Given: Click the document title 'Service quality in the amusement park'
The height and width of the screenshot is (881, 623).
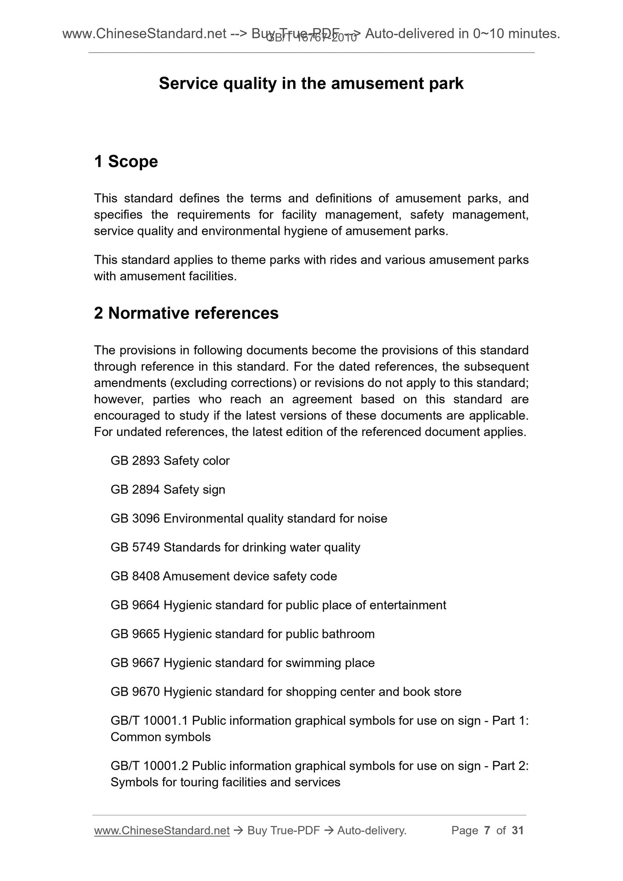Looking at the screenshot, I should [311, 83].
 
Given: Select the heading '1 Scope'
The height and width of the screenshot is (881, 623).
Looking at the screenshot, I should [126, 162].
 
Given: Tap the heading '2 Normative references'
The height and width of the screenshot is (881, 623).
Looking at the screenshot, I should [186, 313].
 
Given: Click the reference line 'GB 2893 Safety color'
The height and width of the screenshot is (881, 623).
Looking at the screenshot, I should [170, 461].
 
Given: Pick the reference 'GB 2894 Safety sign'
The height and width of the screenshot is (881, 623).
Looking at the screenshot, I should [168, 490].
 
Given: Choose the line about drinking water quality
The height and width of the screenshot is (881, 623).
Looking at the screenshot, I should [235, 547].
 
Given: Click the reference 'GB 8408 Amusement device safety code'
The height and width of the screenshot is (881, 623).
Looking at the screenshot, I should [224, 576].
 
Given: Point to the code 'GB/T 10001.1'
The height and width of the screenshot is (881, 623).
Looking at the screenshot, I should [149, 721].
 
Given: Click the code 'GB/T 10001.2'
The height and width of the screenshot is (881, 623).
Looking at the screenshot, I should [149, 766].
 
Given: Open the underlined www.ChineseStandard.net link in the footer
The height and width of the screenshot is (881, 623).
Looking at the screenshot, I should [162, 831].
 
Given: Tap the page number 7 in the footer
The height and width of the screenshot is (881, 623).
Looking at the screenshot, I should [487, 831].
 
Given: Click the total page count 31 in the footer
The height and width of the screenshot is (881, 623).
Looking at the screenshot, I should [517, 831].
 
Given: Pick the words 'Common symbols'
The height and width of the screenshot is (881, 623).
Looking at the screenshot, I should [160, 737].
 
